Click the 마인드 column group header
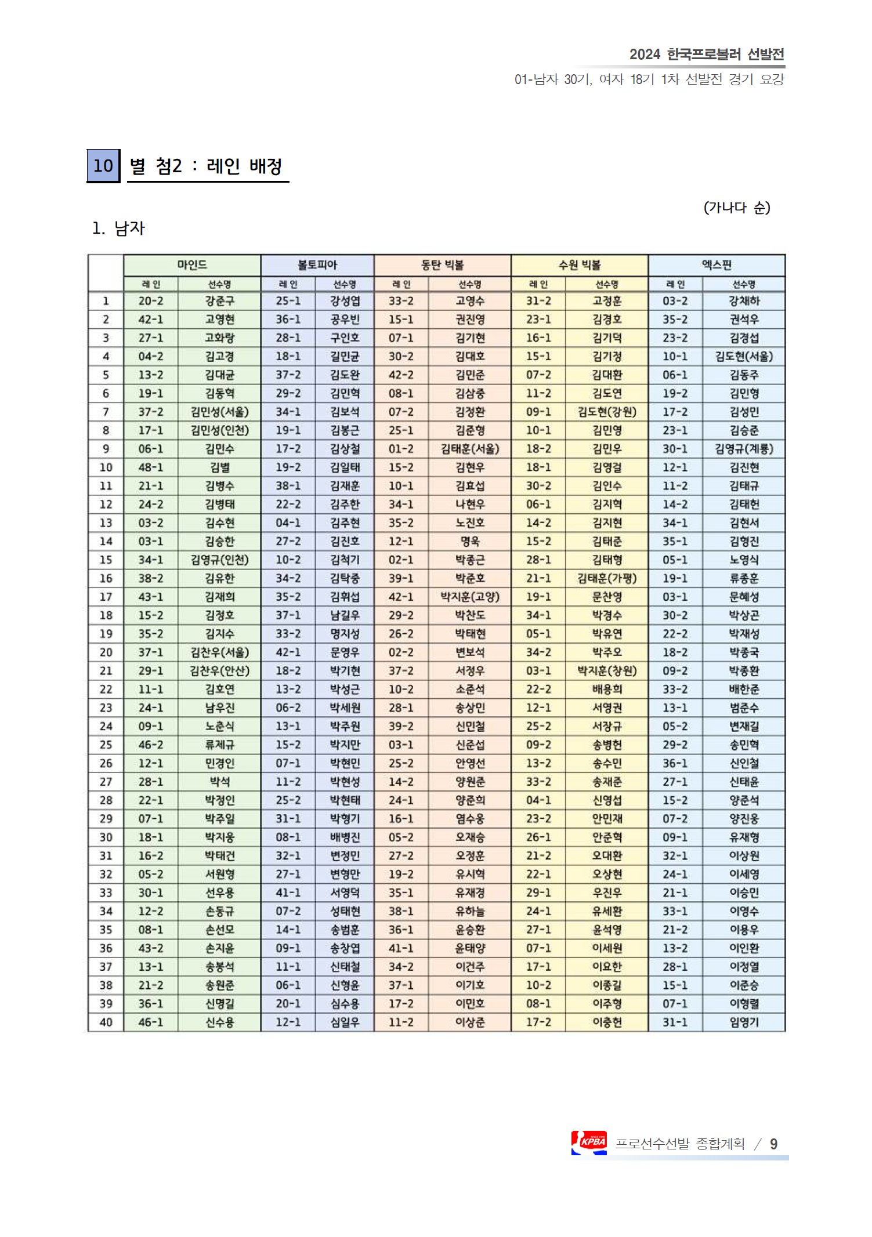[x=192, y=265]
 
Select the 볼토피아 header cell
[x=317, y=265]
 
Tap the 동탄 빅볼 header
[x=442, y=265]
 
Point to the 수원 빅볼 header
[x=579, y=265]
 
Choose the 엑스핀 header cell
[x=717, y=265]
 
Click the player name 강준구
[x=219, y=301]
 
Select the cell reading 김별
[x=219, y=467]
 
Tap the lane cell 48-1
[x=150, y=467]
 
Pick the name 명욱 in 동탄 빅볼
[x=470, y=541]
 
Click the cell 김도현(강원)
[x=607, y=412]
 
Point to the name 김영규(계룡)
[x=744, y=449]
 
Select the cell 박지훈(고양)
[x=470, y=597]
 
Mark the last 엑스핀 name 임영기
[x=744, y=1022]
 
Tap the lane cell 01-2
[x=401, y=449]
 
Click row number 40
[x=106, y=1022]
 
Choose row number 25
[x=106, y=745]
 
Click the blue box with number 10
[x=103, y=166]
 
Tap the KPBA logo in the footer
[x=589, y=1142]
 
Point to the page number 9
[x=773, y=1144]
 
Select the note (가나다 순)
[x=737, y=208]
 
